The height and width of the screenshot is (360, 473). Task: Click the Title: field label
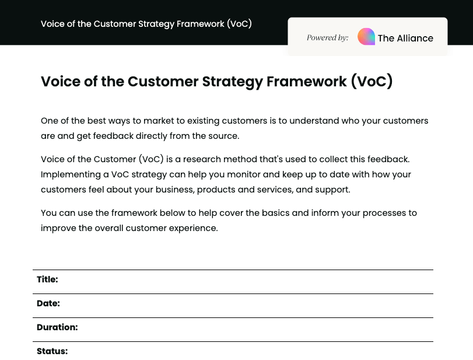click(x=47, y=279)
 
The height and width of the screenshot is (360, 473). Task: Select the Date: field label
click(x=48, y=303)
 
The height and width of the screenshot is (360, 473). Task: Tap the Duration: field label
click(x=57, y=327)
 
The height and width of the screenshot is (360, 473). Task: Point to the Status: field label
click(x=52, y=351)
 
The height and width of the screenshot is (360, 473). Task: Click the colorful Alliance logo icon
click(x=366, y=37)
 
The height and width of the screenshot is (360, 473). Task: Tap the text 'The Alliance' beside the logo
click(x=405, y=39)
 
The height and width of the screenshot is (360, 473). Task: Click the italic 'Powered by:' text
click(x=328, y=38)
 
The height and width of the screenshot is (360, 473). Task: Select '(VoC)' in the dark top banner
click(x=239, y=24)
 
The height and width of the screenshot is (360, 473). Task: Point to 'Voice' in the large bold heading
click(x=59, y=82)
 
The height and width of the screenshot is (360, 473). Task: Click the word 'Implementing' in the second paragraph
click(x=68, y=174)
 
